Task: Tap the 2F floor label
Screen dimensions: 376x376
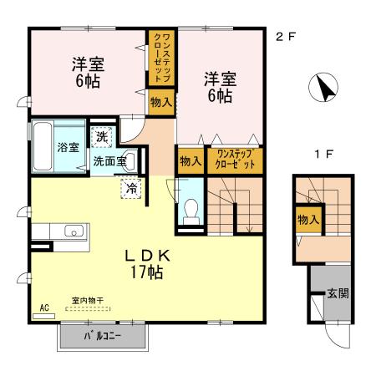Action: [x=285, y=36]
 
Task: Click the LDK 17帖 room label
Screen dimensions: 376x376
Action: [x=148, y=263]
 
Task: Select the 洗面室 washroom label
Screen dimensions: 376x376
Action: [x=109, y=161]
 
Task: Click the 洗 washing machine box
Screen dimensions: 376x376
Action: [x=101, y=136]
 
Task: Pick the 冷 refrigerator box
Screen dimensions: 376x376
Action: [x=131, y=188]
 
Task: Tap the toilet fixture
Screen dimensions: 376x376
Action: [x=190, y=210]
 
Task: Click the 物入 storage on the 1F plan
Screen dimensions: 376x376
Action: [x=308, y=220]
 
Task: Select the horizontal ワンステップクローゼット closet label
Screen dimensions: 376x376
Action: [x=233, y=159]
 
